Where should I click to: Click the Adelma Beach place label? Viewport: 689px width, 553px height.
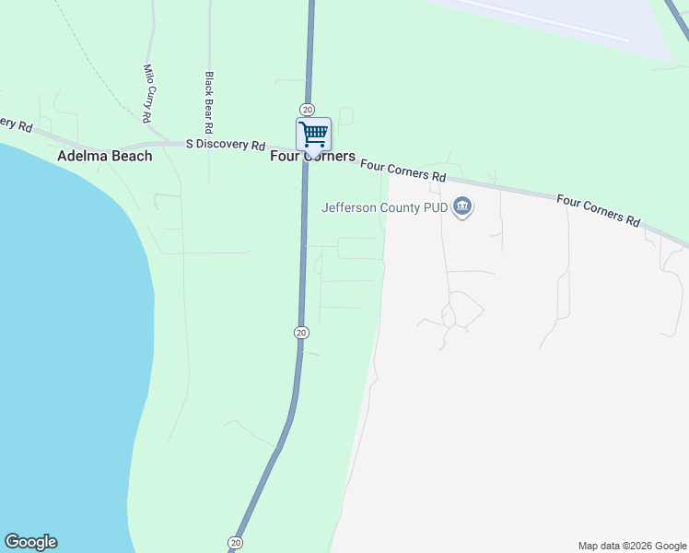(x=104, y=156)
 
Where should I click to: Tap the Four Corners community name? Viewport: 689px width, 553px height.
(x=312, y=157)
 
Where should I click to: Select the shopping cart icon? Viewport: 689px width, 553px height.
(x=313, y=135)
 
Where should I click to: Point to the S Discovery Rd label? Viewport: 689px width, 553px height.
(x=226, y=145)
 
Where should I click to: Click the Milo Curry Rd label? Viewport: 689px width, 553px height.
(x=146, y=93)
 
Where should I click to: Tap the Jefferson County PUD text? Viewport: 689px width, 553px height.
(x=384, y=207)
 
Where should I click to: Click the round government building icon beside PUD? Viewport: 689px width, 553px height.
(x=463, y=207)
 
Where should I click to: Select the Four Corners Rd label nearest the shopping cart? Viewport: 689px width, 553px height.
(x=403, y=171)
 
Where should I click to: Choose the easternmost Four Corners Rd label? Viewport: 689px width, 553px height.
(x=598, y=211)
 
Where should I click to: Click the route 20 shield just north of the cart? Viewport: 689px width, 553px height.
(x=308, y=109)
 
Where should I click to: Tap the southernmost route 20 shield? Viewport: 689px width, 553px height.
(x=235, y=542)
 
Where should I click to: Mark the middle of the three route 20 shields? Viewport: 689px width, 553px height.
(x=301, y=332)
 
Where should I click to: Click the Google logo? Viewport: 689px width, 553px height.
(x=30, y=542)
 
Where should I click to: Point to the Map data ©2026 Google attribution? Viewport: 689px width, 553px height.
(x=632, y=546)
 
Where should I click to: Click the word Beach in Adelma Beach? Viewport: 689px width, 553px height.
(x=132, y=156)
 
